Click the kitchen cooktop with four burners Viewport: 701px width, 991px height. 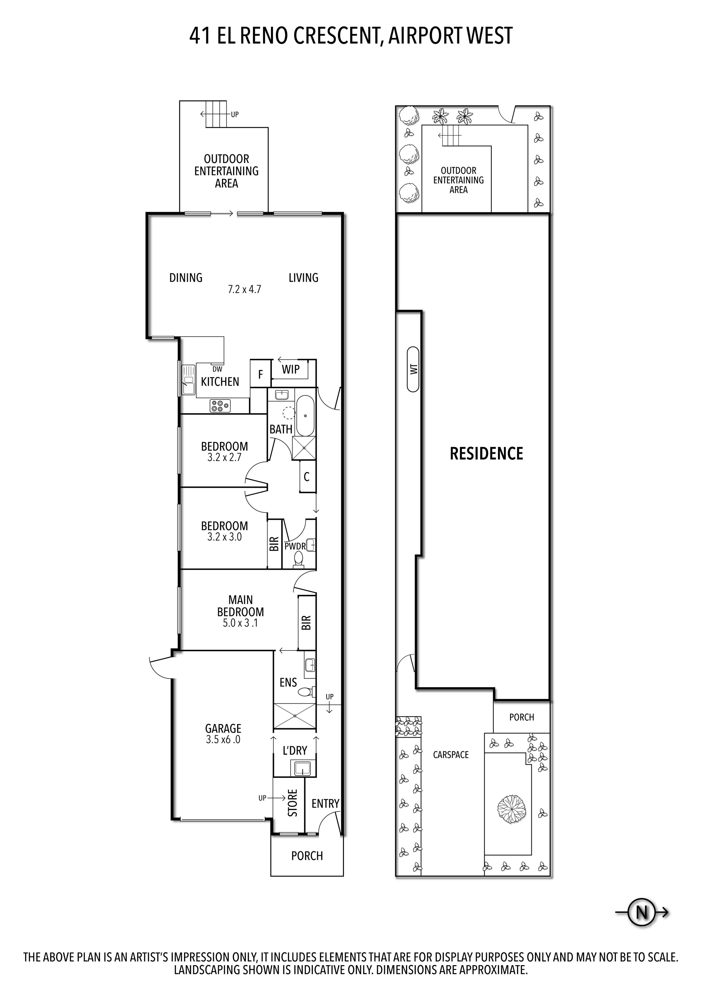[220, 406]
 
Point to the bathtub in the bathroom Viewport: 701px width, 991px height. [305, 415]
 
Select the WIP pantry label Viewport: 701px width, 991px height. [291, 369]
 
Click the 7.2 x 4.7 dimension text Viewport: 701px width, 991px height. [244, 289]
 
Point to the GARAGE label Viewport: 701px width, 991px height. [223, 728]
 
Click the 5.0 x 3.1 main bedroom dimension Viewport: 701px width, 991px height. [240, 623]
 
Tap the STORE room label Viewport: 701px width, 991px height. [293, 803]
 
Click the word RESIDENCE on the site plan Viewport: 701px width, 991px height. [486, 454]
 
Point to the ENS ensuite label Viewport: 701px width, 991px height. [288, 682]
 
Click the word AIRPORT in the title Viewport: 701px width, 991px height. [423, 35]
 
